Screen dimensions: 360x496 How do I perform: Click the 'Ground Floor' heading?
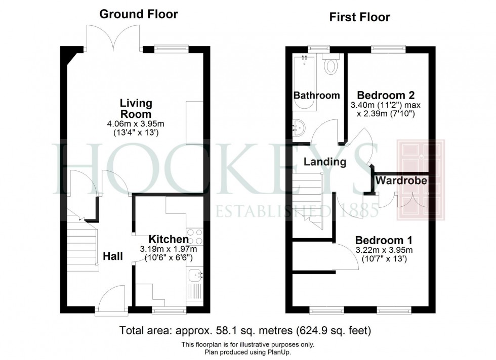click(x=138, y=14)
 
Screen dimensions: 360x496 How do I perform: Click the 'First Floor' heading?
click(x=360, y=18)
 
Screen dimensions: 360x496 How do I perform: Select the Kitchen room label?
click(x=169, y=239)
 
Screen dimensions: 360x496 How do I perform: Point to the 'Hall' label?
click(x=113, y=256)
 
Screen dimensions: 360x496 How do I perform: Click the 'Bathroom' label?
click(x=317, y=95)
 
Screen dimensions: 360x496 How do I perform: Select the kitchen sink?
click(x=194, y=275)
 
